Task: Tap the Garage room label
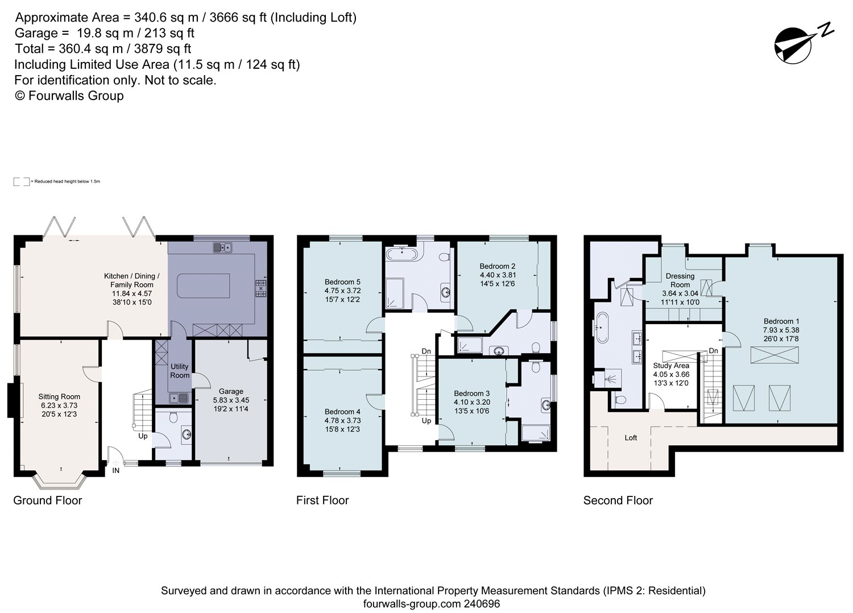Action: pos(231,391)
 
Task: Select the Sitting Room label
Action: pos(59,396)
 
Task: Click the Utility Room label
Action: pos(180,371)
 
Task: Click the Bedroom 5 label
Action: pos(342,281)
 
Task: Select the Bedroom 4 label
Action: pos(342,412)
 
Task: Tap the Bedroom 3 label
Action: pos(471,394)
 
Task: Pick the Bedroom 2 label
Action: pos(497,266)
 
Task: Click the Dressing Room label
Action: pos(680,280)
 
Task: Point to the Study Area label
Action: pos(671,366)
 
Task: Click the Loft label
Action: pos(631,438)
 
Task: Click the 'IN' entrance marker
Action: pos(116,470)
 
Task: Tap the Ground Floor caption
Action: pos(48,500)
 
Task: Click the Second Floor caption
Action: pos(618,500)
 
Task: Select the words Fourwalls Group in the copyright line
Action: pos(76,96)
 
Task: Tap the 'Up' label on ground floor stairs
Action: pos(142,436)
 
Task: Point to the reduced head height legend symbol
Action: pos(22,181)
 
